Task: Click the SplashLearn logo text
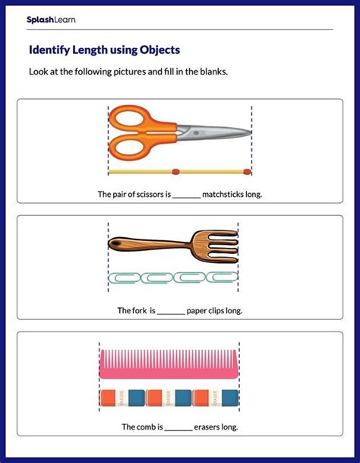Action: (x=51, y=19)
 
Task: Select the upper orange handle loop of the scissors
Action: (x=131, y=118)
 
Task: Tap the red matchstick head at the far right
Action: (x=244, y=171)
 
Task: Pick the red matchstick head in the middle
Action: (x=175, y=171)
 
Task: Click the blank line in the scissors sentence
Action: (x=186, y=195)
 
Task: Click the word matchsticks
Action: (x=223, y=195)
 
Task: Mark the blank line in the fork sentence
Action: (x=172, y=311)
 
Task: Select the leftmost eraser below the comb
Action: (x=110, y=396)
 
